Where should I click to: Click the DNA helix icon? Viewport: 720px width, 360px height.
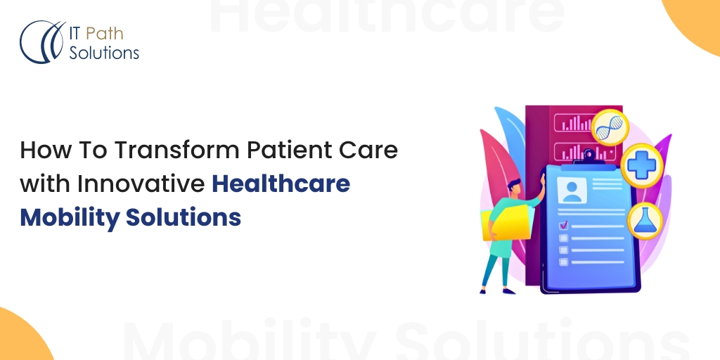[x=610, y=128]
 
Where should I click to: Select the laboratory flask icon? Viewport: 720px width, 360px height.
[x=645, y=221]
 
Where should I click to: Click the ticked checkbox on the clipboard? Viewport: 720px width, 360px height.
[x=563, y=226]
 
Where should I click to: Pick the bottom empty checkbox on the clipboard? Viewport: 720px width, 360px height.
[x=563, y=262]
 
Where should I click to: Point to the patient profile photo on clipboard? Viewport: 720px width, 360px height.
[x=572, y=191]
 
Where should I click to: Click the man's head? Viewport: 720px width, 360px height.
[x=514, y=187]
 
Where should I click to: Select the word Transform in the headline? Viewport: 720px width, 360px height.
[x=176, y=150]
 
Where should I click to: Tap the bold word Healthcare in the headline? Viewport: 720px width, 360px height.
[x=281, y=184]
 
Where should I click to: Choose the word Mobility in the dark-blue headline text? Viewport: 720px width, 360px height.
[x=70, y=218]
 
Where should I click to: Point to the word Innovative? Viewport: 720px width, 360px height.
[x=141, y=184]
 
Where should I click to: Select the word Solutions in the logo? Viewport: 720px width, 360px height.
[x=104, y=53]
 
